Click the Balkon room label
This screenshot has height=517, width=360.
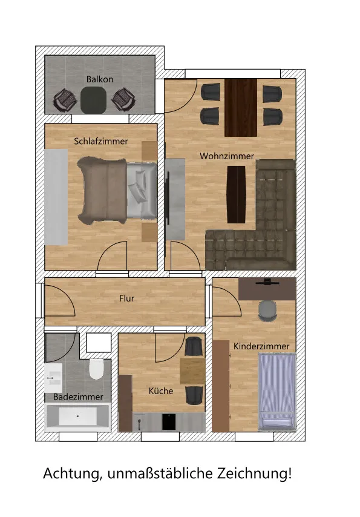tap(100, 79)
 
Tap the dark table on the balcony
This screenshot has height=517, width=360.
tap(94, 99)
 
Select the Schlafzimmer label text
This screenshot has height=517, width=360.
tap(101, 141)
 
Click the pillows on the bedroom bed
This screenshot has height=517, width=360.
tap(139, 186)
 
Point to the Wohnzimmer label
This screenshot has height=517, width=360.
tap(227, 156)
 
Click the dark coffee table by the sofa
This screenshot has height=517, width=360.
tap(237, 194)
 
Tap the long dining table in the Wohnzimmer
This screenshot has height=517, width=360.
tap(241, 108)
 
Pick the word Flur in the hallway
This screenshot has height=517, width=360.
tap(126, 298)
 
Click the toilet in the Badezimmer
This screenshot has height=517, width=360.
tap(96, 369)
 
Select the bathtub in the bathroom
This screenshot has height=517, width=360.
tap(78, 418)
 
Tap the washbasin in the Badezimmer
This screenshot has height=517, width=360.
tap(53, 378)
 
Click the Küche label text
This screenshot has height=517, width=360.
tap(161, 391)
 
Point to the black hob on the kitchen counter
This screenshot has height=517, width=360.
tap(169, 422)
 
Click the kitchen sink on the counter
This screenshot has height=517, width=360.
tap(139, 422)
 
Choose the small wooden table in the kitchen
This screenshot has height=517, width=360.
tap(192, 371)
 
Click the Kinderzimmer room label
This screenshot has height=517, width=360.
tap(261, 346)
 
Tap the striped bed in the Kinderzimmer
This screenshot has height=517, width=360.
tap(277, 392)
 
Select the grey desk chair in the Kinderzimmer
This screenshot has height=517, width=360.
tap(267, 311)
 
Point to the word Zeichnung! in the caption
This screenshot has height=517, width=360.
tap(254, 474)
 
